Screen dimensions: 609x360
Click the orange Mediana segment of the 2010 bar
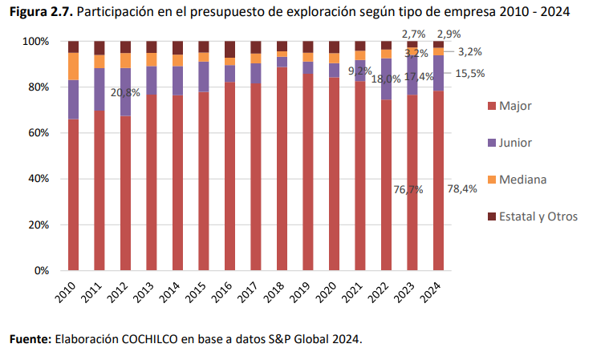click(x=73, y=67)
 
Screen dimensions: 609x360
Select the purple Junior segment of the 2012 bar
click(x=125, y=92)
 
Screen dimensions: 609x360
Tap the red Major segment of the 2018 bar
click(x=282, y=168)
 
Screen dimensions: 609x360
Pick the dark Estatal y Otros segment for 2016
click(x=230, y=49)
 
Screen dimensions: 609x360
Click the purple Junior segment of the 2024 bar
click(x=438, y=73)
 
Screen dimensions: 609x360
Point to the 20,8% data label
click(x=125, y=93)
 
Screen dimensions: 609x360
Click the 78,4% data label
click(x=462, y=189)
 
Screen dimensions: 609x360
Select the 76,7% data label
click(x=408, y=190)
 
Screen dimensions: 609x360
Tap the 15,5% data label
click(x=470, y=73)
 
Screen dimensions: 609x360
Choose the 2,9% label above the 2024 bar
click(x=449, y=34)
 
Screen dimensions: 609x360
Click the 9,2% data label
click(x=360, y=71)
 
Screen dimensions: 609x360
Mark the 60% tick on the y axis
click(x=39, y=133)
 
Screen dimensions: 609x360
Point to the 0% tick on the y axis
click(x=42, y=271)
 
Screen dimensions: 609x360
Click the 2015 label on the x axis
click(x=196, y=293)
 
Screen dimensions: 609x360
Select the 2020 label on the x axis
click(x=327, y=293)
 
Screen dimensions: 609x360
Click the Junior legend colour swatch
click(x=492, y=143)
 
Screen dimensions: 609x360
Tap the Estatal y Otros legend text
click(x=538, y=216)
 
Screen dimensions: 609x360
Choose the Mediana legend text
click(x=523, y=180)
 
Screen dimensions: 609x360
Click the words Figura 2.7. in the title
click(x=41, y=12)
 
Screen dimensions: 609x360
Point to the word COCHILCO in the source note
click(x=149, y=339)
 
